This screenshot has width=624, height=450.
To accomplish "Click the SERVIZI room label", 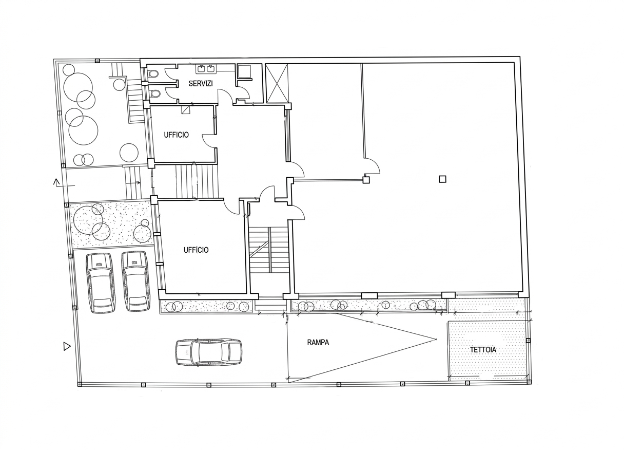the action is pos(201,83).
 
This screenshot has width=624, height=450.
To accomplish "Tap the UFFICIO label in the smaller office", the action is pos(177,135).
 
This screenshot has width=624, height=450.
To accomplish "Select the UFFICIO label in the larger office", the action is pos(196,250).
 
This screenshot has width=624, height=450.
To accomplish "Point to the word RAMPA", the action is pos(318,342).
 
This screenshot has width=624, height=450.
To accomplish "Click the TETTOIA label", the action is pos(483,350).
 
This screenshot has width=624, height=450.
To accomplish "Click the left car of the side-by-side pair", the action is pos(100,283).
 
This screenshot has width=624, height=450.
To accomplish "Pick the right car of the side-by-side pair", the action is pos(135,282).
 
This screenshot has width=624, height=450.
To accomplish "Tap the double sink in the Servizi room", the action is pos(206,69).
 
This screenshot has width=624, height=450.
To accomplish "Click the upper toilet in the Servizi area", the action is pos(153,74).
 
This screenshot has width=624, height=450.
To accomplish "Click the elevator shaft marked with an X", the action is pos(277,83).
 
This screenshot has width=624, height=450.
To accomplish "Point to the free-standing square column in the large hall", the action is pos(443,179).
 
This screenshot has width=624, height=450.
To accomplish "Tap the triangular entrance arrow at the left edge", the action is pos(67,346).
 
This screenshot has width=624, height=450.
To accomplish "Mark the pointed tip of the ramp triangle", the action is pos(436,340).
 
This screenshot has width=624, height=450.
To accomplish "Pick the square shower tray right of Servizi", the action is pos(245,71).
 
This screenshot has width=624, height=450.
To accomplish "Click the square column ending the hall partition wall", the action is pos(366,180).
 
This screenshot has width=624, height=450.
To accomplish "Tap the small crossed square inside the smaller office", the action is pos(186,109).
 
